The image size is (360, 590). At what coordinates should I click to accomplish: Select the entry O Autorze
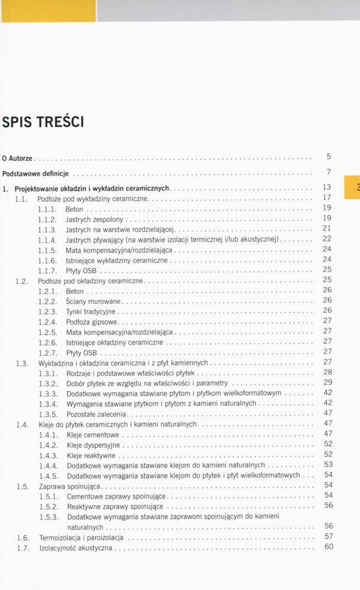(x=17, y=159)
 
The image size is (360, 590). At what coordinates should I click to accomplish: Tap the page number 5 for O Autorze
(x=329, y=156)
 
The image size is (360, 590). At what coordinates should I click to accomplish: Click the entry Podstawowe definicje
(x=35, y=174)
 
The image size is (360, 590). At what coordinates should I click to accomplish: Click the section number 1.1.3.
(x=47, y=229)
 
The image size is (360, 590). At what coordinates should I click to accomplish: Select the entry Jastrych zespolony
(x=94, y=219)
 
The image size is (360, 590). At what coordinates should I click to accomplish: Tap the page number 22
(x=328, y=238)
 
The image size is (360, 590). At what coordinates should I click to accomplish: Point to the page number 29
(x=328, y=382)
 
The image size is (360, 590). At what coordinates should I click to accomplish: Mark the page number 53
(x=329, y=464)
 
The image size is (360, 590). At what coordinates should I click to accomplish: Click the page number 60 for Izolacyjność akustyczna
(x=329, y=546)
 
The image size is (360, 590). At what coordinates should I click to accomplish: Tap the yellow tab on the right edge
(x=352, y=187)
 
